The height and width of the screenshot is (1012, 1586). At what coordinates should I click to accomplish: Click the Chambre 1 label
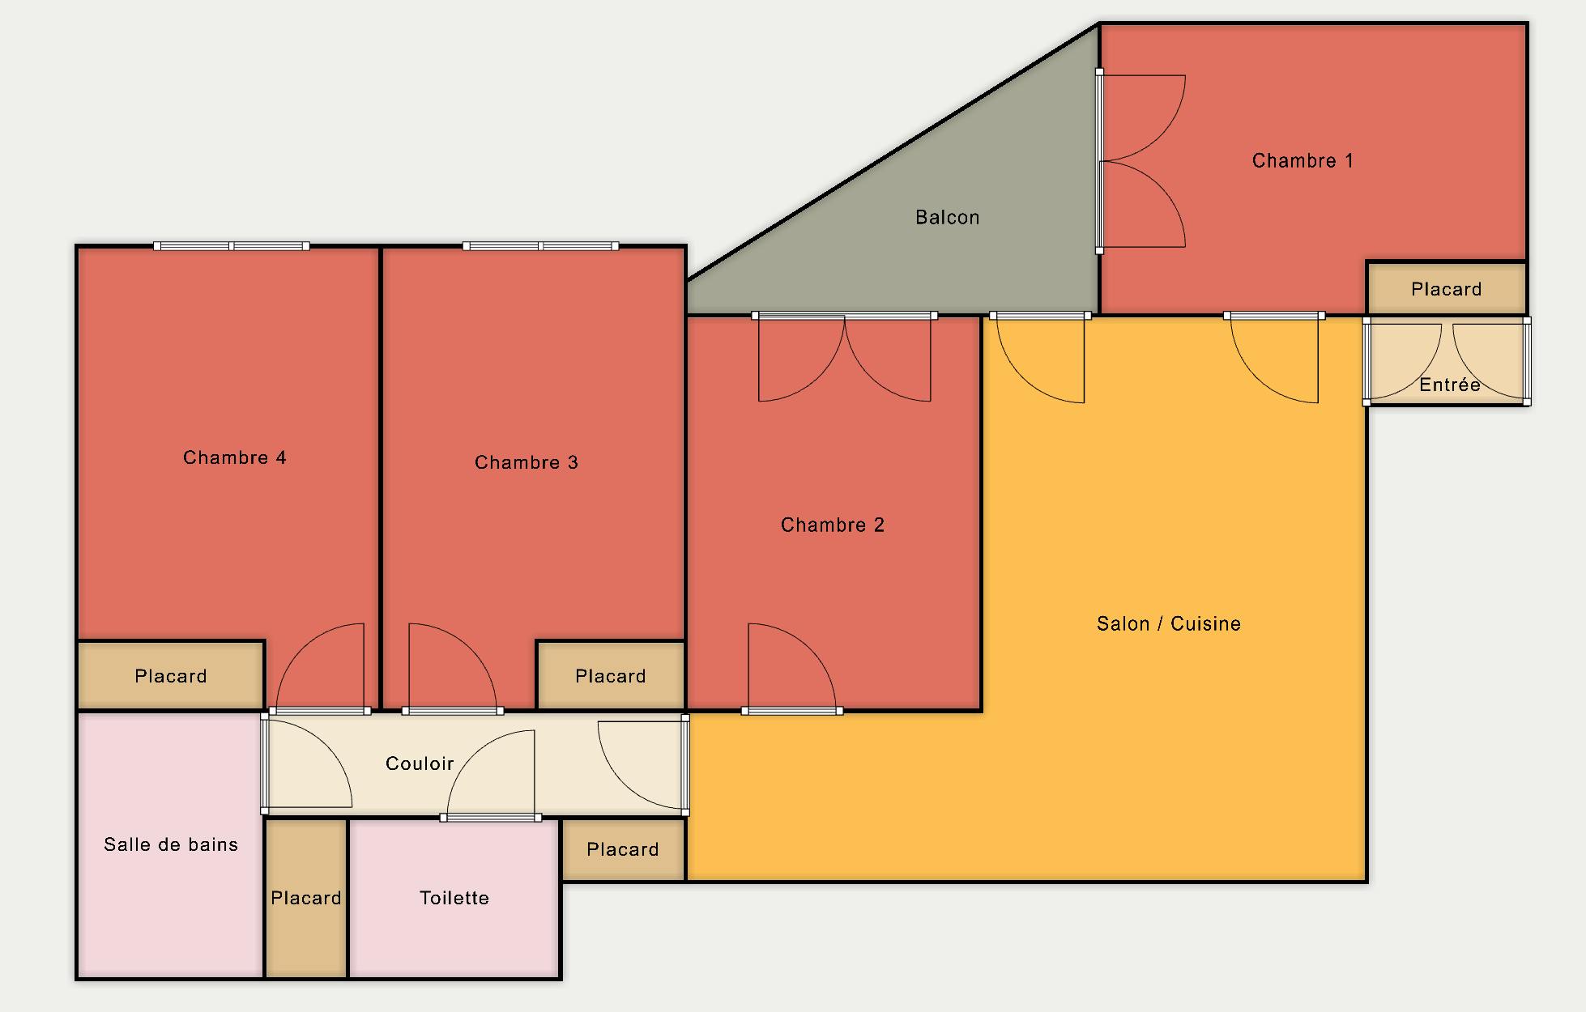1302,160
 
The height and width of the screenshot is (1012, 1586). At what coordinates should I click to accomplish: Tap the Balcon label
948,217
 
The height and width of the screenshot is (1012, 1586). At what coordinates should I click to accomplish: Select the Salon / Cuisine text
1169,623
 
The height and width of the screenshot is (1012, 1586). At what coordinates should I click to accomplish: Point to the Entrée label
1450,385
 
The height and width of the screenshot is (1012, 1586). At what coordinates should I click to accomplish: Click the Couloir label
420,763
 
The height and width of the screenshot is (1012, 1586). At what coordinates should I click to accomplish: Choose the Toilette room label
454,898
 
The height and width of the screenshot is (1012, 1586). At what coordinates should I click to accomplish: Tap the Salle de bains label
171,844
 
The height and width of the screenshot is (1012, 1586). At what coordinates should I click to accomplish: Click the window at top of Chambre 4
232,246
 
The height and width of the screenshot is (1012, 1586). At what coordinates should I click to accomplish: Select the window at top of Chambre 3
541,246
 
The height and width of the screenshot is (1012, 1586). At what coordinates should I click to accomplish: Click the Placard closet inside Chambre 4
171,676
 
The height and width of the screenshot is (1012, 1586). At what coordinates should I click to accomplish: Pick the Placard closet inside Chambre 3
611,676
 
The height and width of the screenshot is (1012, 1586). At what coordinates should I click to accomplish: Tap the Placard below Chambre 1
1447,289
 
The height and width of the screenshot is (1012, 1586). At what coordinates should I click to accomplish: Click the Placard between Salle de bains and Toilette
306,898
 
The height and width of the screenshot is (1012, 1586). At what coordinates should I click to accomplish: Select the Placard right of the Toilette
623,849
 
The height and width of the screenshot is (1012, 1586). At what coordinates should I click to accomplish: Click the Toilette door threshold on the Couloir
491,818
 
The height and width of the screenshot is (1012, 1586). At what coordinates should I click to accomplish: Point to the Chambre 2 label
833,525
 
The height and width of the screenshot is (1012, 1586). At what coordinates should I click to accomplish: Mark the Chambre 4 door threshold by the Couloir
320,711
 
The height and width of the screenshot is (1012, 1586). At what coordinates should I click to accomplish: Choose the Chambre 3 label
527,462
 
